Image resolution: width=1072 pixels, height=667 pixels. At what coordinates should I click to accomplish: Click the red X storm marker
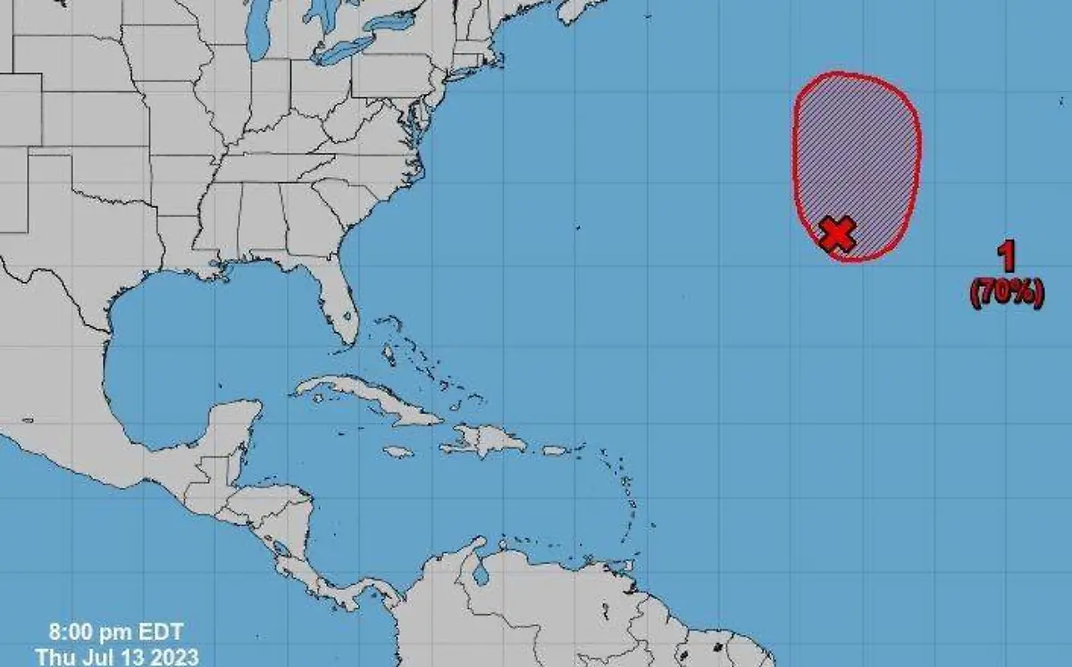point(838,233)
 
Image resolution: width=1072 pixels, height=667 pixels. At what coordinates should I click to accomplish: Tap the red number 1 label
point(1007,257)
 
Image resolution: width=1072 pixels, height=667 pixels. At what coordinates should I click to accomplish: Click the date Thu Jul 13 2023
point(117,657)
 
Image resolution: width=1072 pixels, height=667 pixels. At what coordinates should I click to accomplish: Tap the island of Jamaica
point(398,452)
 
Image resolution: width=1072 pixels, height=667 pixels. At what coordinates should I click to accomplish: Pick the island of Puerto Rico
point(554,450)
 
